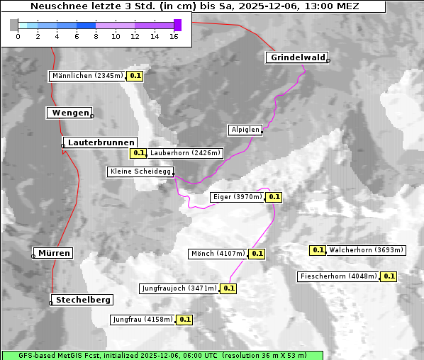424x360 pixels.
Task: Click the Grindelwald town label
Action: click(296, 57)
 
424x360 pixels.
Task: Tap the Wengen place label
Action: click(69, 113)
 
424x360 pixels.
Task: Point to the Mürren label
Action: click(54, 253)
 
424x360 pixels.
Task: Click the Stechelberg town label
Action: click(84, 300)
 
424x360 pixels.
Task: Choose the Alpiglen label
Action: click(245, 130)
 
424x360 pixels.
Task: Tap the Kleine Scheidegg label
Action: click(140, 171)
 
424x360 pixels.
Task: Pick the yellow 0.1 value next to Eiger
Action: click(274, 197)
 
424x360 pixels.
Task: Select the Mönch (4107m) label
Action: click(218, 254)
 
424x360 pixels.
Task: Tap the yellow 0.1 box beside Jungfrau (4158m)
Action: click(185, 320)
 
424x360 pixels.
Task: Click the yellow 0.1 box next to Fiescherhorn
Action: click(389, 276)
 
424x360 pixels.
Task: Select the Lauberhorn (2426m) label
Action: click(186, 152)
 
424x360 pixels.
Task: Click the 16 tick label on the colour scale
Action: click(174, 35)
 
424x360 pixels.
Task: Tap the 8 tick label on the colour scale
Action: click(96, 35)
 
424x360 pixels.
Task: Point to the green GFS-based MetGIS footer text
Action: click(162, 355)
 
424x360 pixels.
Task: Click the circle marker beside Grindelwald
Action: click(328, 61)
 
